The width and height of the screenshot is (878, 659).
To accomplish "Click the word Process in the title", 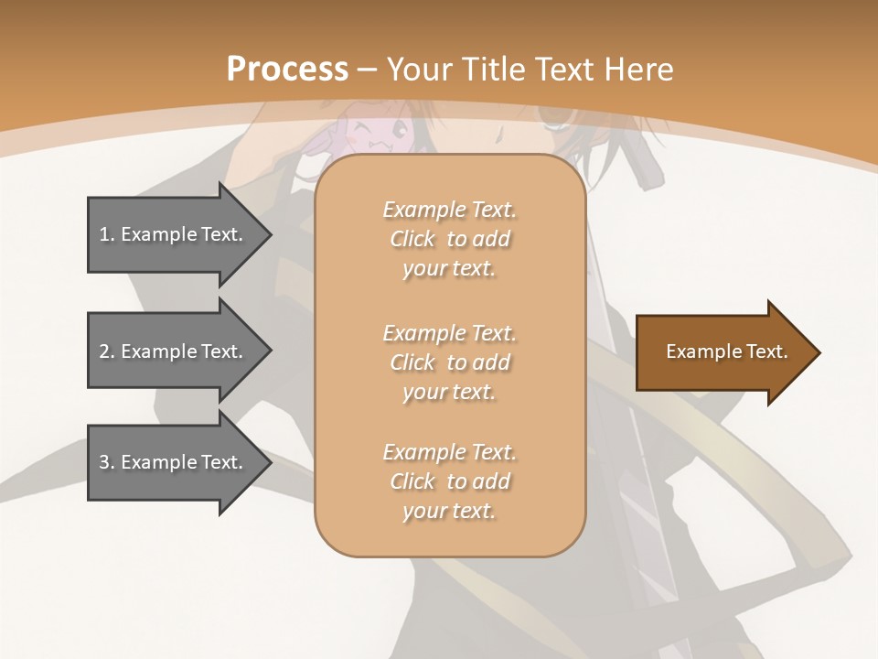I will tap(287, 70).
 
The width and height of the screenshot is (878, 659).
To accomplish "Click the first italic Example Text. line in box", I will tap(449, 210).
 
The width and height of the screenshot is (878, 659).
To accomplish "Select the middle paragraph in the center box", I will tap(449, 362).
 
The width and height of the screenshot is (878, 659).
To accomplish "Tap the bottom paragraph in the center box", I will tap(449, 481).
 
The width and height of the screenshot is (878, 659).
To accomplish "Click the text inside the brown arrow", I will tap(727, 351).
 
